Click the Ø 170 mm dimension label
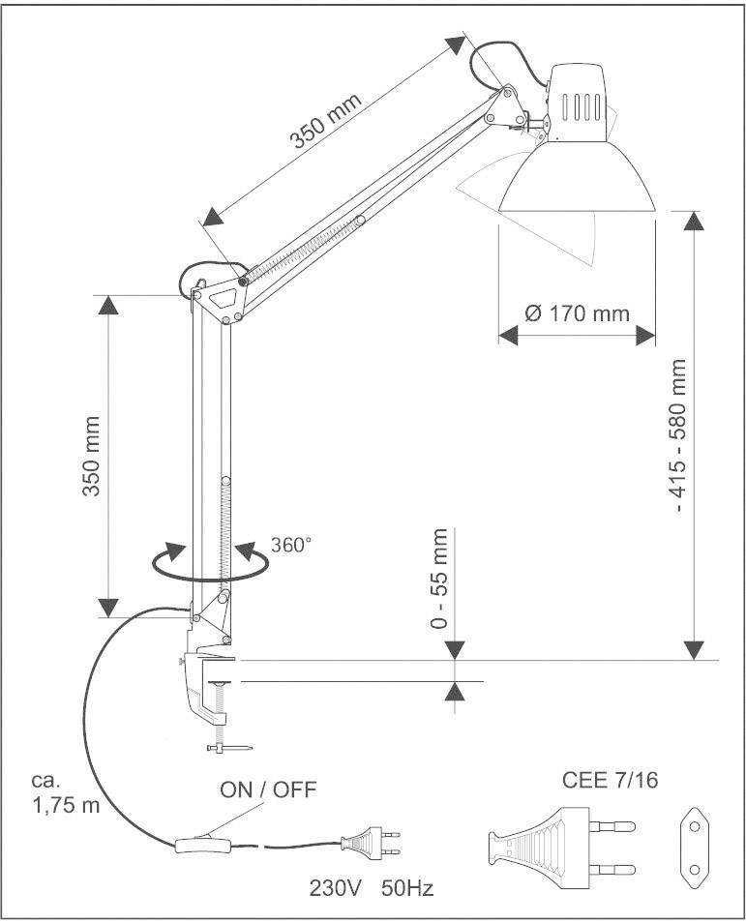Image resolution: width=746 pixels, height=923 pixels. point(577,313)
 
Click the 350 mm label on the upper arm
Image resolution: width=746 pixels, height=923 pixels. point(326,122)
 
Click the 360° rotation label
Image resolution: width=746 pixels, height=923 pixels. point(293,545)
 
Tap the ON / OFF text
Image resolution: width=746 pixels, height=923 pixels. point(268,789)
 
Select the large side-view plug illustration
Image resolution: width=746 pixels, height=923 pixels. point(556,847)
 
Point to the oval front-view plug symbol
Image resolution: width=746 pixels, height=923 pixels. point(693,847)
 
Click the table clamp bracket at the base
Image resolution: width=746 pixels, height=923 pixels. point(207,682)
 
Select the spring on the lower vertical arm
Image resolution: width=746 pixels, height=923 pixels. point(225,536)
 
